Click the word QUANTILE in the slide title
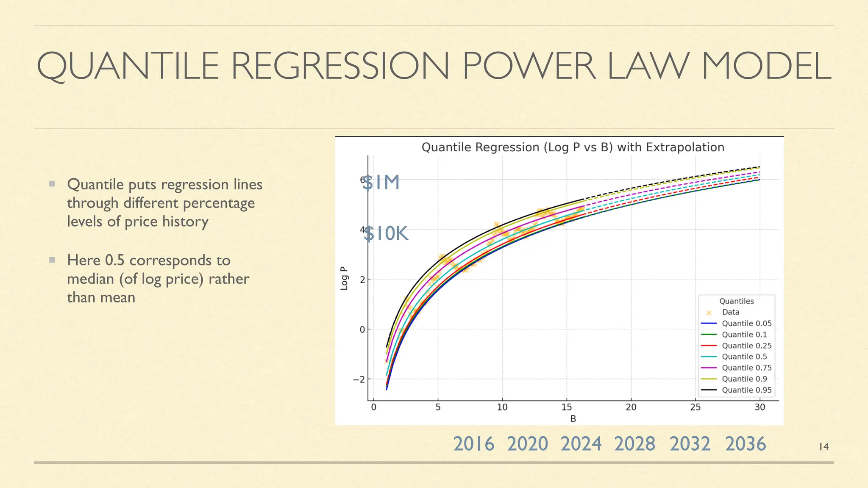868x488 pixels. [x=128, y=66]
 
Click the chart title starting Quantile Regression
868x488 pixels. [x=573, y=147]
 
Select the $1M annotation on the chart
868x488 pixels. [x=381, y=183]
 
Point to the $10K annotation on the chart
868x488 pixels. [x=386, y=233]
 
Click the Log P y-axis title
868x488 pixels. [x=344, y=278]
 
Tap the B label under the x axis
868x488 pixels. [x=573, y=419]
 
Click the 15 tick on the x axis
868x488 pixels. [x=567, y=408]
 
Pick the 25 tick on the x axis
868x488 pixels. [x=696, y=408]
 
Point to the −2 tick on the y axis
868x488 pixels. [x=359, y=380]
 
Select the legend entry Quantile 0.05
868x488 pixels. [x=746, y=324]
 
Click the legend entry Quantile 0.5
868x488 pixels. [x=744, y=357]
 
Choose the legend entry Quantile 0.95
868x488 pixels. [x=746, y=390]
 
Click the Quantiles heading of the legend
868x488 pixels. [x=737, y=301]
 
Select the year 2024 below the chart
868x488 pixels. [x=581, y=444]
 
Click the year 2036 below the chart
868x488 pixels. [x=746, y=444]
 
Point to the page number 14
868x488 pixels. [x=823, y=447]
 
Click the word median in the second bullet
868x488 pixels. [x=90, y=279]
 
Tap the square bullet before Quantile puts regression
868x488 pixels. [x=52, y=184]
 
